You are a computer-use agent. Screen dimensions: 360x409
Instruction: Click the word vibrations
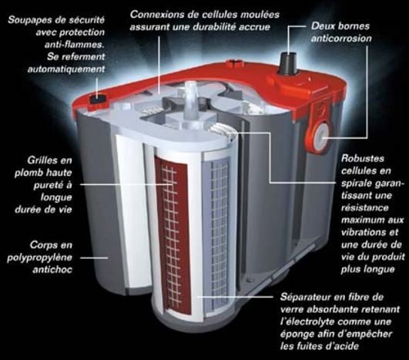point(365,232)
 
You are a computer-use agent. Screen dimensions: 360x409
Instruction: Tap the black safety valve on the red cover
point(98,99)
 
